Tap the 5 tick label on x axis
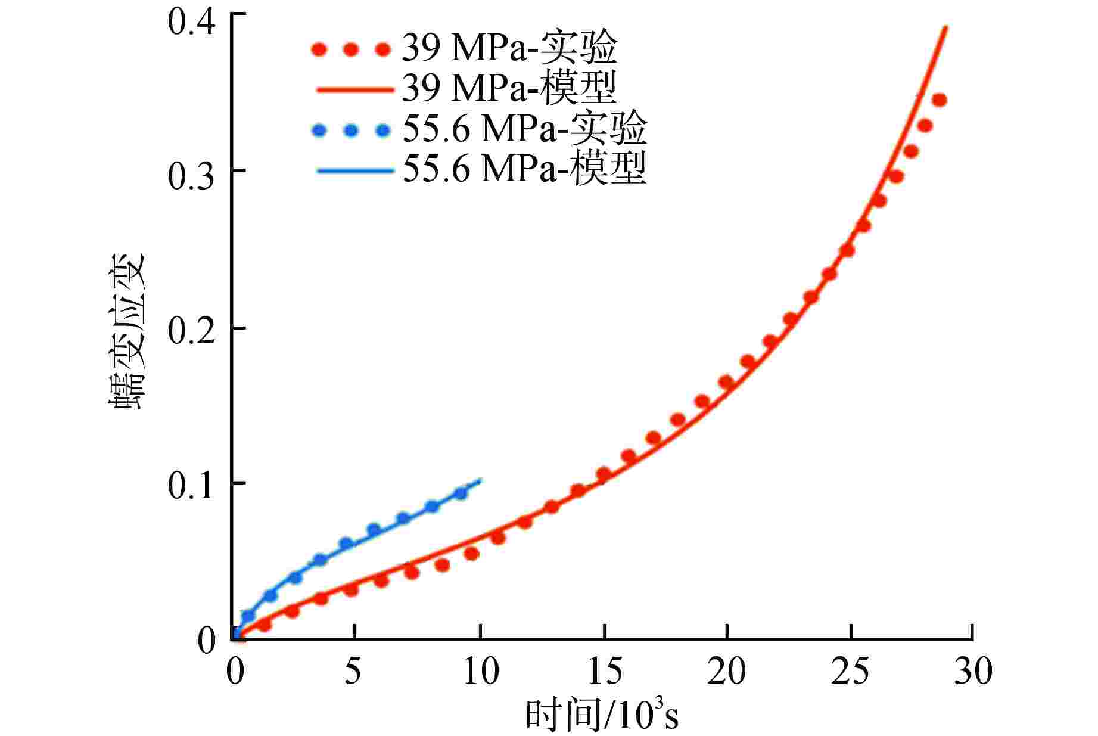pos(353,672)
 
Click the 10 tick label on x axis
pos(480,672)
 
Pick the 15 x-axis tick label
pos(604,672)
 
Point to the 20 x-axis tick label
pos(727,672)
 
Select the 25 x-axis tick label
pos(851,672)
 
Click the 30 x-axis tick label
pos(973,672)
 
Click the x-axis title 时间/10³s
pos(602,715)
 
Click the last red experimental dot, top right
pos(940,100)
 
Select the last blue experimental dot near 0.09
pos(461,493)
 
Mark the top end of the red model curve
pos(945,27)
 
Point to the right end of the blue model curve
pos(480,479)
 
